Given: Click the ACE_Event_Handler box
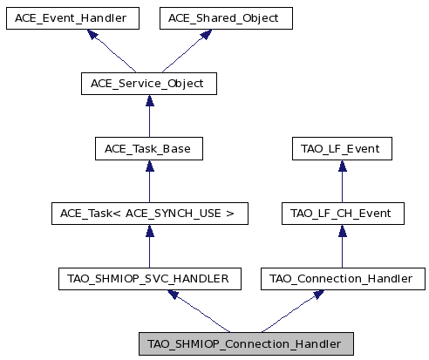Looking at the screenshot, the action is pos(72,18).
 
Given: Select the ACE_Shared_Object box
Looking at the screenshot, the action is pos(226,18).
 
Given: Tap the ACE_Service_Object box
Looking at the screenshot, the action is pos(149,84).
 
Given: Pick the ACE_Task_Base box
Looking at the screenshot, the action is pos(149,149).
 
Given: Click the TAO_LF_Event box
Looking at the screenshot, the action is pos(342,149).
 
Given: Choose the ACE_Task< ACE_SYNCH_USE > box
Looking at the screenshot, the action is pos(150,214).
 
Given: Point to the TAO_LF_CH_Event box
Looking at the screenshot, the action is pos(343,214).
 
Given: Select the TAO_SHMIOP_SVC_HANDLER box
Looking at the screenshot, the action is pos(150,279).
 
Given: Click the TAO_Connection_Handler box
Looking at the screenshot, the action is pos(343,279).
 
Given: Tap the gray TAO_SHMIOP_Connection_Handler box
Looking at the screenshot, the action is pos(246,344).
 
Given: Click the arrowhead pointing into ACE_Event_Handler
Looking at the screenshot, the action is pos(92,34).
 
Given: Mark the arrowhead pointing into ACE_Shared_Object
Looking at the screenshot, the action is pos(206,34).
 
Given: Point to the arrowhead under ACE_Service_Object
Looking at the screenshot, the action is pos(150,100).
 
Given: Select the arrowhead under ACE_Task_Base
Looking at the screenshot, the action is pos(150,166).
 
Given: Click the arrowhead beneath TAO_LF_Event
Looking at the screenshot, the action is pos(343,166).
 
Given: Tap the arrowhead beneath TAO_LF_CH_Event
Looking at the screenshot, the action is pos(343,231).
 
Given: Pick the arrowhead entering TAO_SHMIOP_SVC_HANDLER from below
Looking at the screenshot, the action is pos(174,295).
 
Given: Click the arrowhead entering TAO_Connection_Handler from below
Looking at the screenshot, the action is pos(318,295).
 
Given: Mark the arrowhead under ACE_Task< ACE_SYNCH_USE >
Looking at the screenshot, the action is pos(150,231).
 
